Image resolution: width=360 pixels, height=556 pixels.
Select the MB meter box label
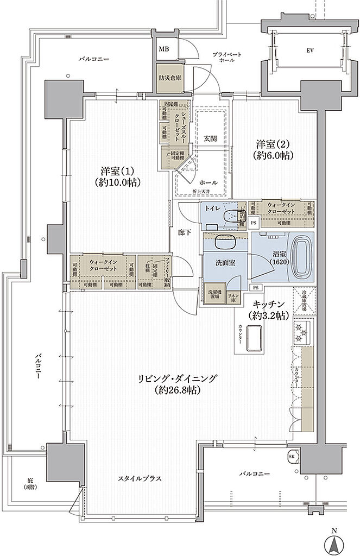pyautogui.click(x=163, y=49)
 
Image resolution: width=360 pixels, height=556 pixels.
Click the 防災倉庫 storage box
pyautogui.click(x=170, y=77)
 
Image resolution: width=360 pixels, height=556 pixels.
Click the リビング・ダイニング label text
pyautogui.click(x=178, y=383)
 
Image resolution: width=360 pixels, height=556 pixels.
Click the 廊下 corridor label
pyautogui.click(x=185, y=232)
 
